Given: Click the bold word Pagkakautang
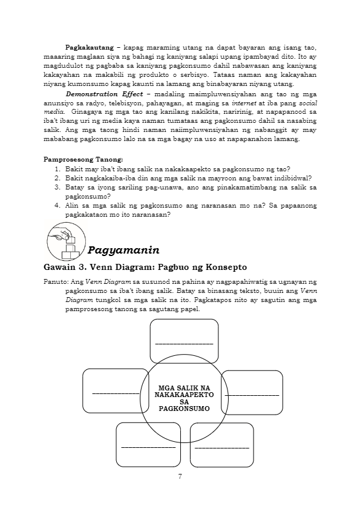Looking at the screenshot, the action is click(90, 48).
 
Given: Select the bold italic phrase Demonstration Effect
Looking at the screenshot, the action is click(104, 94).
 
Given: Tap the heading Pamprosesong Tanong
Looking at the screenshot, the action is click(83, 160).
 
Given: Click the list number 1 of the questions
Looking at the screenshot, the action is click(57, 169).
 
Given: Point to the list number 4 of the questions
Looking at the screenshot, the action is click(57, 206).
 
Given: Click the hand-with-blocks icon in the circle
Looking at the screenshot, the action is click(66, 241).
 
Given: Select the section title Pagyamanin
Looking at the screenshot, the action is click(123, 251).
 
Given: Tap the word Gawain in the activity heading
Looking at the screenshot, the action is click(59, 268).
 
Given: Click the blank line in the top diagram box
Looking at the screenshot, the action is click(185, 344).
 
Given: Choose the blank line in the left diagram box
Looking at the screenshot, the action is click(116, 393).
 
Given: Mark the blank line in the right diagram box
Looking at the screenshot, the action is click(252, 395).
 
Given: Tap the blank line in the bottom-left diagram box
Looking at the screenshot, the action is click(148, 448).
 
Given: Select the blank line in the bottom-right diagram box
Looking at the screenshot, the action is click(222, 448).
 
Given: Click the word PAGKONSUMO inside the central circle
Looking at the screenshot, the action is click(184, 409).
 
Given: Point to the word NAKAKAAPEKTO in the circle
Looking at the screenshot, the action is click(184, 395).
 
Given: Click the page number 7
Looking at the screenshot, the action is click(180, 476).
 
